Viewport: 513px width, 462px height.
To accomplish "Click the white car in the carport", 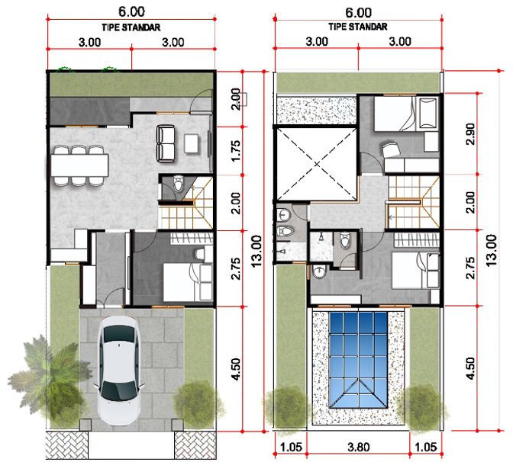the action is (119, 371).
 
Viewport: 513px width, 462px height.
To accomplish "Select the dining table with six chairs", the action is (79, 165).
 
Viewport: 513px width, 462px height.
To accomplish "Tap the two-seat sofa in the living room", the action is (166, 143).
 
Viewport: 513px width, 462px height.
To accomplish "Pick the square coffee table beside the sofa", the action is (191, 143).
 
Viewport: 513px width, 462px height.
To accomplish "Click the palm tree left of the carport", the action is (49, 376).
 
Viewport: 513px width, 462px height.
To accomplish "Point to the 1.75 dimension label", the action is (236, 151).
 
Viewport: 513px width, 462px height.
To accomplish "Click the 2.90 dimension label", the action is (470, 133).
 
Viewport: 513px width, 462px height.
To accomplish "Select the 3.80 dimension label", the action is (359, 447).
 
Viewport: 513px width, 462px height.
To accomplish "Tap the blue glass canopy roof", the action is (359, 360).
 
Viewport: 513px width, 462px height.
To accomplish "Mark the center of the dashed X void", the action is (317, 164).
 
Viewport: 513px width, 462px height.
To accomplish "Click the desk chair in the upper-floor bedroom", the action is (392, 150).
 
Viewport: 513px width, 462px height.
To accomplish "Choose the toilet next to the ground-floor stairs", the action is (178, 183).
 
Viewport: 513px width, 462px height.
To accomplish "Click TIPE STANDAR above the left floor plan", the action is (131, 27).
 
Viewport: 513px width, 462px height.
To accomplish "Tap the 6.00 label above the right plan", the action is (359, 13).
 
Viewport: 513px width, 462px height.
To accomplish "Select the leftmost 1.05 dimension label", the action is (291, 447).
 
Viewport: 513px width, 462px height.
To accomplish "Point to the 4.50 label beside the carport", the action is (236, 369).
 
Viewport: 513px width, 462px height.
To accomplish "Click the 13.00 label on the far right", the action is (492, 250).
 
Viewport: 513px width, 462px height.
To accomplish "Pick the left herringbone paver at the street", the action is (66, 445).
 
